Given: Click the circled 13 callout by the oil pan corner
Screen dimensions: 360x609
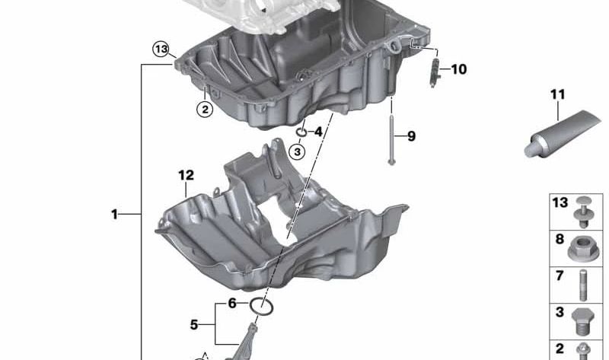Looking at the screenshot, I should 161,50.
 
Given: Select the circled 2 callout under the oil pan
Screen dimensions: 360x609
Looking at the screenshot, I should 204,109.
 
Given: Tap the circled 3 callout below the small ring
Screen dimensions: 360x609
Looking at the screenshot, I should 298,152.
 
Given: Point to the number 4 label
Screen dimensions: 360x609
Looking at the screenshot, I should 318,132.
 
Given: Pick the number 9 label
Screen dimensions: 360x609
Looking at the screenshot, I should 411,137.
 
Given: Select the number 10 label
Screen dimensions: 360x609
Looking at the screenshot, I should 458,70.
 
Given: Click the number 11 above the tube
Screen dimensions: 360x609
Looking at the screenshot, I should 559,95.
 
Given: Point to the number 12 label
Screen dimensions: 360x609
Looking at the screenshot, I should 187,175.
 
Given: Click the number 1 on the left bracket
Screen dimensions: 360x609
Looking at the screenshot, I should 115,215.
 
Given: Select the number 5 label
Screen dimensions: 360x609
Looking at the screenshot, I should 194,325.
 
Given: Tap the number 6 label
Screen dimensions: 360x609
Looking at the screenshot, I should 232,304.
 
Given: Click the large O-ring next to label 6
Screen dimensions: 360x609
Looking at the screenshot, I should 262,306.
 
